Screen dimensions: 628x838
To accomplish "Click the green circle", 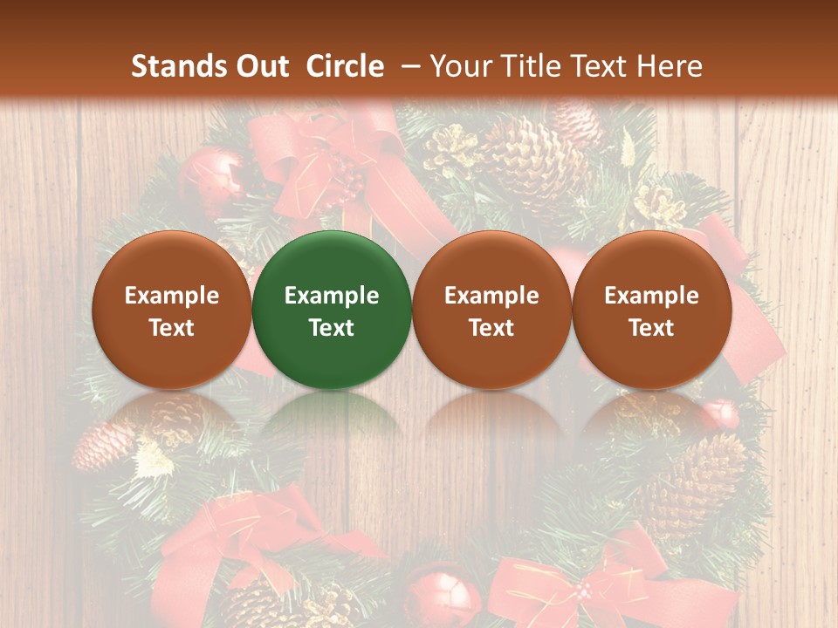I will [332, 310].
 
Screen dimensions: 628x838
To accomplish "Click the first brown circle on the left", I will [171, 310].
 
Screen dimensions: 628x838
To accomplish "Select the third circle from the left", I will [491, 310].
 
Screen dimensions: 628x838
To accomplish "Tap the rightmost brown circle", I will [652, 310].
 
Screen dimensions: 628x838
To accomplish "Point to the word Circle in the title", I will [345, 66].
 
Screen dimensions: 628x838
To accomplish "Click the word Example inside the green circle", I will [332, 296].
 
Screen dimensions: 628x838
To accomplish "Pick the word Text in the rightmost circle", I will [652, 328].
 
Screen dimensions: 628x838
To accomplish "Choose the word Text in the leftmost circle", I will [171, 328].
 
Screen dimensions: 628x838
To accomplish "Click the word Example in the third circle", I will [491, 296].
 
